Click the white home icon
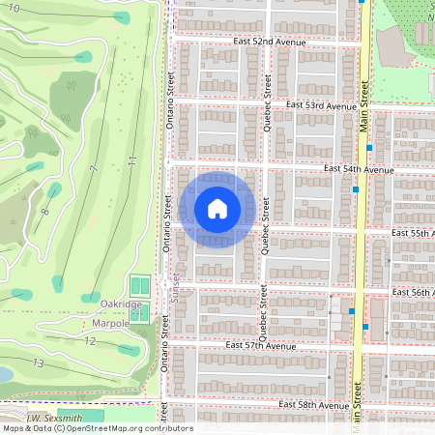point(217,208)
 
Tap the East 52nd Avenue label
point(269,43)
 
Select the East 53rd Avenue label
point(322,105)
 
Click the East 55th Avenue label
point(413,234)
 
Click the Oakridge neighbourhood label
point(121,304)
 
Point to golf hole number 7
point(94,170)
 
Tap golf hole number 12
point(89,340)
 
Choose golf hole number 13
point(38,362)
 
